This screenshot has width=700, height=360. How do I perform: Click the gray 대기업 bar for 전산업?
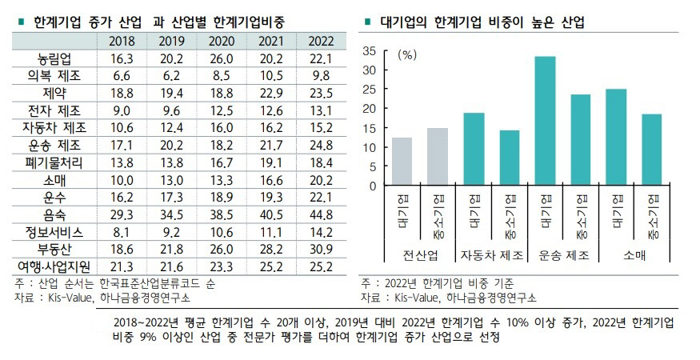402,162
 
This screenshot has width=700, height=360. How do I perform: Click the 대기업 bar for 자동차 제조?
474,150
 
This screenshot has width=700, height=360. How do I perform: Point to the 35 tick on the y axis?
369,50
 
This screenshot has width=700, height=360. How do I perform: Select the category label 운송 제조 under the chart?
563,255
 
